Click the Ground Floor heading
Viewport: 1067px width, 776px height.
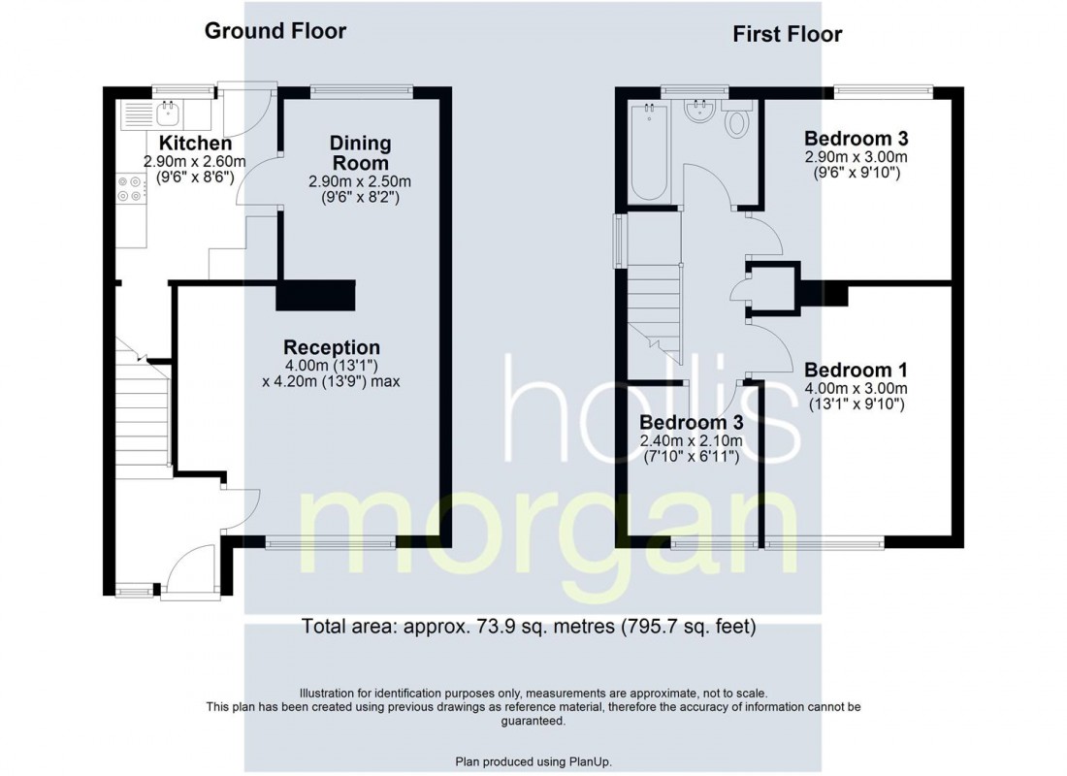[275, 31]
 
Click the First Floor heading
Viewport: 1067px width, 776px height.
[788, 34]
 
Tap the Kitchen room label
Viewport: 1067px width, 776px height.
[195, 143]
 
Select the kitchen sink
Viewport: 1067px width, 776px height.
[168, 114]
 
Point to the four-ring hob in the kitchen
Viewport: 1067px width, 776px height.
[130, 188]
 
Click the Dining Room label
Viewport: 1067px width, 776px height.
[360, 153]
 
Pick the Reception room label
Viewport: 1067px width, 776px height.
[332, 347]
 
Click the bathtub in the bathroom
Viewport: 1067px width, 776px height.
[649, 150]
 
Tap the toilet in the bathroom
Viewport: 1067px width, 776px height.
[736, 120]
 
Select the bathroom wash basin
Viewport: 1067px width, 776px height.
[698, 112]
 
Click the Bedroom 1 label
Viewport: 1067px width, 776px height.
[857, 371]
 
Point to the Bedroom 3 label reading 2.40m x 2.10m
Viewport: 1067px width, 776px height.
[692, 423]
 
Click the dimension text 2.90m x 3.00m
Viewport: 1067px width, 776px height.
[857, 156]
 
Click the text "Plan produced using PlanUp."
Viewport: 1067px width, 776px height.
[533, 761]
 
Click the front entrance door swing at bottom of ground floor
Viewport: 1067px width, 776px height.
[191, 570]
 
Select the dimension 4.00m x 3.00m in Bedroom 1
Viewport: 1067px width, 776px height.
[857, 389]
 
